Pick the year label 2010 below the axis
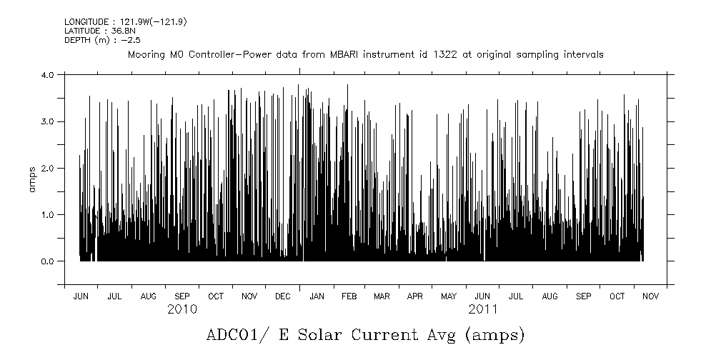tap(182, 309)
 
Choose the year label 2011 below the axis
tap(483, 309)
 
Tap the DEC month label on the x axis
tap(282, 296)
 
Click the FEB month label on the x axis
tap(349, 296)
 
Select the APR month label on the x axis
tap(415, 296)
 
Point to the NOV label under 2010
tap(249, 296)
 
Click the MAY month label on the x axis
tap(449, 296)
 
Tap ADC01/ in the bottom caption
tap(234, 334)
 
